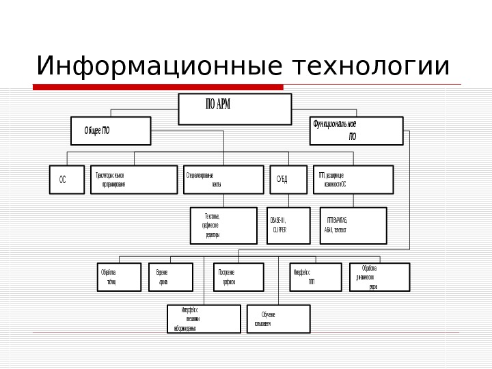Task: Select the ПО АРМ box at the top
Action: tap(234, 109)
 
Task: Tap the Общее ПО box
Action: tap(111, 131)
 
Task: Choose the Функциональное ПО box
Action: tap(356, 131)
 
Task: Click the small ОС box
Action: tap(63, 180)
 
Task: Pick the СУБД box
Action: tap(288, 180)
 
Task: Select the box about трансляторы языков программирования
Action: tap(133, 180)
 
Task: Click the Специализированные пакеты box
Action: tap(223, 180)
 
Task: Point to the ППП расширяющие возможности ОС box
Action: tap(353, 180)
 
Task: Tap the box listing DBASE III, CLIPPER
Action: tap(288, 225)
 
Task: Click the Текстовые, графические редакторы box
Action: tap(223, 225)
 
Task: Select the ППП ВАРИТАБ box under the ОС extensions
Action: tap(353, 225)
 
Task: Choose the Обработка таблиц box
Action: tap(119, 277)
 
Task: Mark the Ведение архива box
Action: tap(170, 277)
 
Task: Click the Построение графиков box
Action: tap(238, 277)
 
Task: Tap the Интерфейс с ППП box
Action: tap(314, 277)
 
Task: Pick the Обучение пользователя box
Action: tap(277, 318)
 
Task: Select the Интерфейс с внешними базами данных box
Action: tap(204, 318)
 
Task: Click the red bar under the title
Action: tap(158, 87)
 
